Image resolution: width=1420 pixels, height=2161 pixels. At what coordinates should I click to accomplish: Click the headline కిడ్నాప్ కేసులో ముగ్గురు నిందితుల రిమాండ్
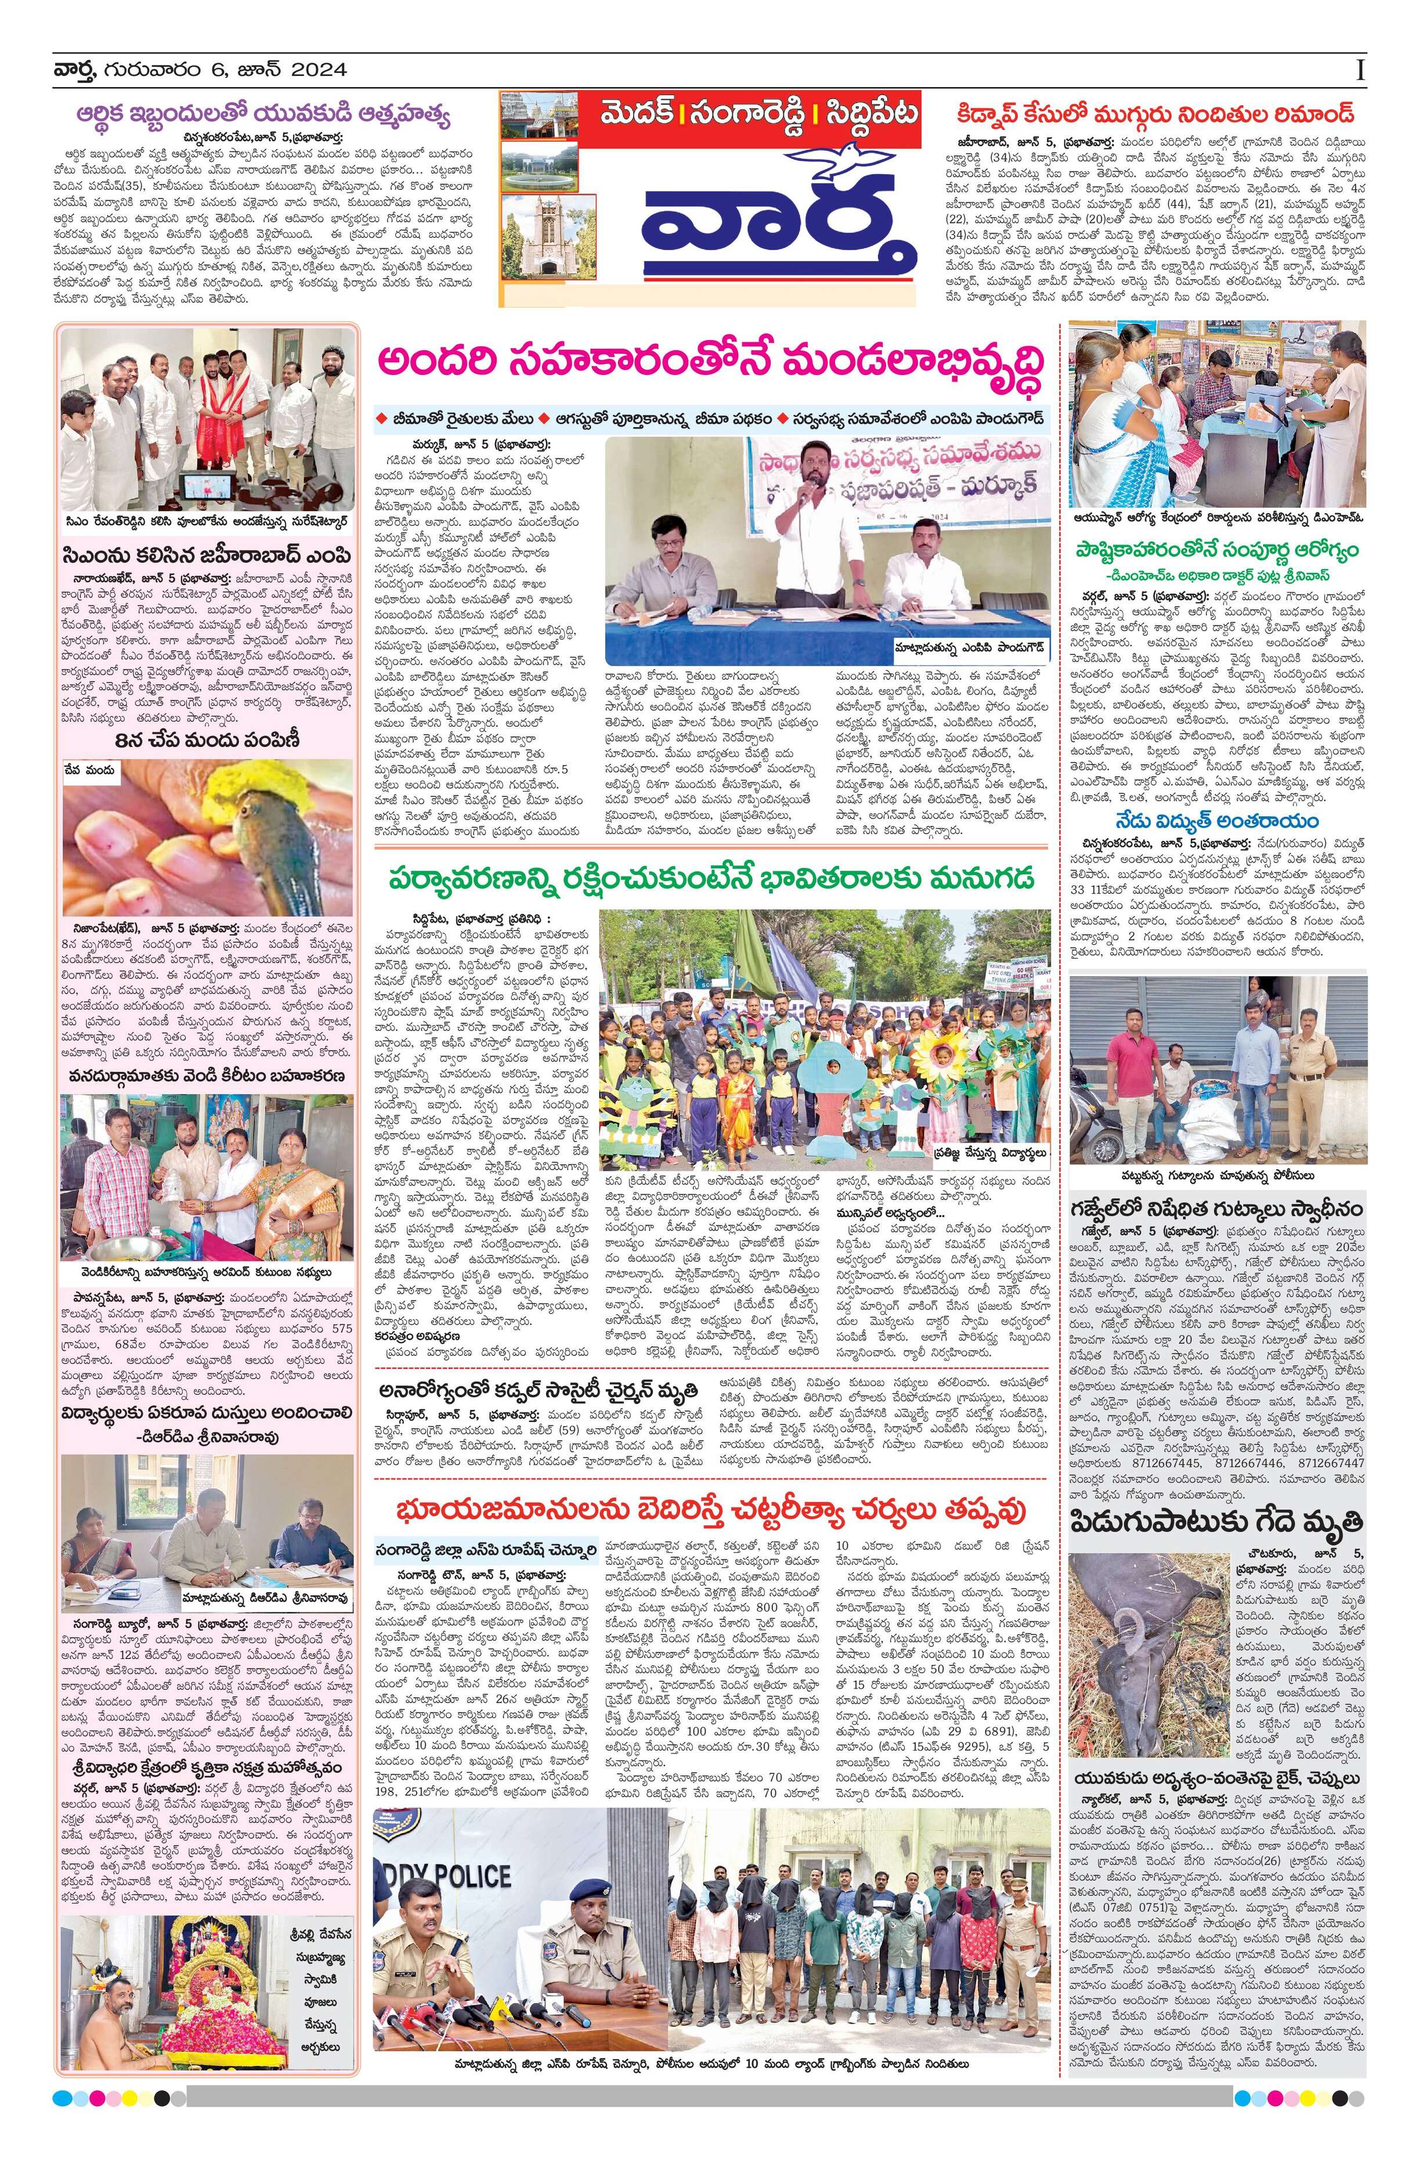click(1155, 114)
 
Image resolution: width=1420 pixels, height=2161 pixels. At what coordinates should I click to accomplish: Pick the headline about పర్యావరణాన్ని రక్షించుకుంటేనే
click(713, 880)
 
